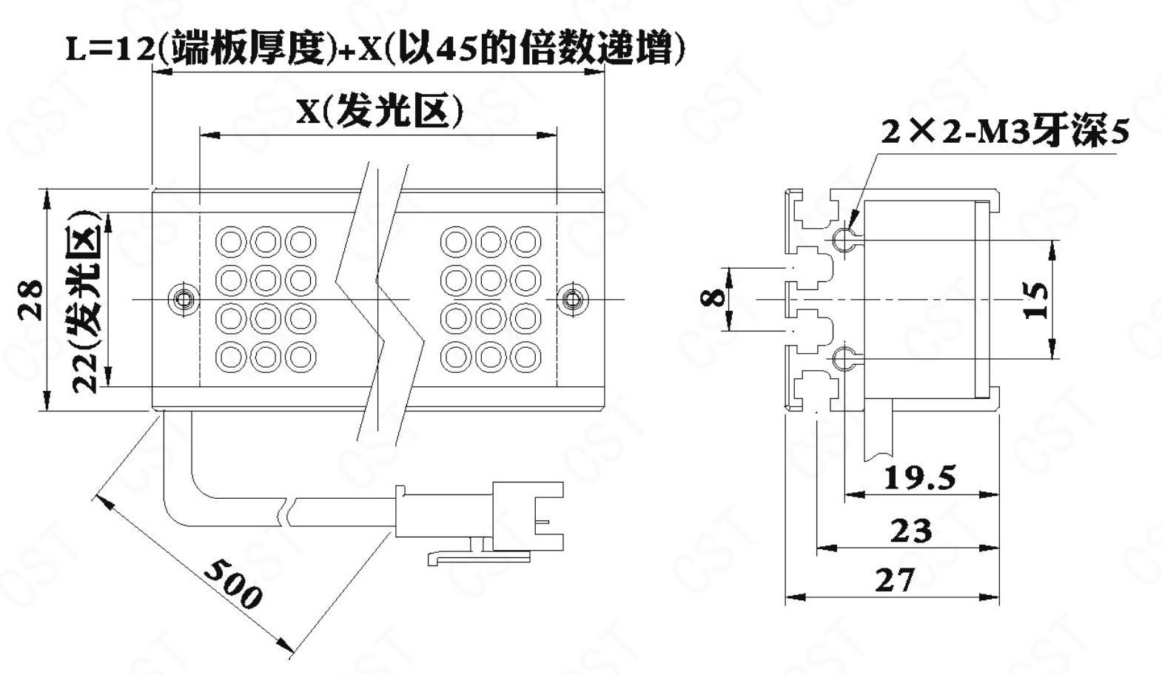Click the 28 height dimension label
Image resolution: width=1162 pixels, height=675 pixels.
coord(31,299)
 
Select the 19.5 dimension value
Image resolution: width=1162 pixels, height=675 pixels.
coord(920,479)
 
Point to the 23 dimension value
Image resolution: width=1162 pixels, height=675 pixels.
coord(911,531)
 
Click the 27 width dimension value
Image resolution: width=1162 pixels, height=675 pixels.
coord(895,580)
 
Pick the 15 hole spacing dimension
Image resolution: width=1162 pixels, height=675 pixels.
coord(1037,300)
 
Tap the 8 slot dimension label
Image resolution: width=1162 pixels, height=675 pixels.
coord(713,298)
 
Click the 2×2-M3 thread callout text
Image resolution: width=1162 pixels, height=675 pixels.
coord(1004,132)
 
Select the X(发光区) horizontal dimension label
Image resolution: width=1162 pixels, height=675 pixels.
coord(380,113)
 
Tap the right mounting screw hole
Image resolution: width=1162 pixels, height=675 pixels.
coord(571,299)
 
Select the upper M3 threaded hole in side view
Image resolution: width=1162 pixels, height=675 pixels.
coord(842,238)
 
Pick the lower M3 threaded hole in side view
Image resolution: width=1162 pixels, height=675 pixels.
coord(842,360)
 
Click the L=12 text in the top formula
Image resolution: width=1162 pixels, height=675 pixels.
coord(111,50)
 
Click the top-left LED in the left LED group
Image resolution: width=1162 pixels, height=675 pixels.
coord(230,242)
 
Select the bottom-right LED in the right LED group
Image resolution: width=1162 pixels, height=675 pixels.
coord(525,357)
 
